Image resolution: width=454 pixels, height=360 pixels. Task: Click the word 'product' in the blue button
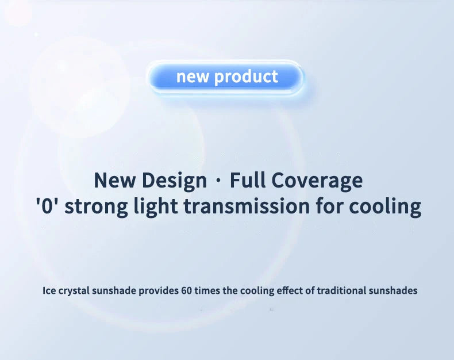[x=246, y=77]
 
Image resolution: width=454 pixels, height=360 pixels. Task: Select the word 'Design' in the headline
[x=175, y=181]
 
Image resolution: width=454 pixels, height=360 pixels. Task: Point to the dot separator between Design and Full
[x=218, y=181]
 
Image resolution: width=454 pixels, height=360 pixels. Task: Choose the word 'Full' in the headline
[x=247, y=181]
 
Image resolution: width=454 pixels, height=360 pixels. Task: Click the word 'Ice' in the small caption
[x=49, y=290]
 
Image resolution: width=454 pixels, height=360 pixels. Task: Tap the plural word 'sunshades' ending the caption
[x=394, y=290]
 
